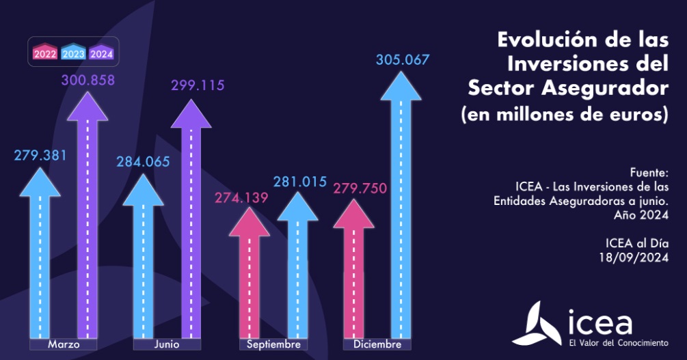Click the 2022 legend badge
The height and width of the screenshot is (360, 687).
click(x=45, y=53)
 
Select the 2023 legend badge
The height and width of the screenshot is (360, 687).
click(x=73, y=53)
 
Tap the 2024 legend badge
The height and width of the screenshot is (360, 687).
click(x=101, y=53)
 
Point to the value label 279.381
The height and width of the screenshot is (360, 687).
click(x=40, y=155)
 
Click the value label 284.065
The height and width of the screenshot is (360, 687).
click(x=143, y=162)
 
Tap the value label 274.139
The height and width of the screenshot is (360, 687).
click(x=242, y=198)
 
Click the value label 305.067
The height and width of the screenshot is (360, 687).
click(x=403, y=59)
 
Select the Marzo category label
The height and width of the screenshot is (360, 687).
click(x=64, y=344)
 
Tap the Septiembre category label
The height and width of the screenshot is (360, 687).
click(x=273, y=344)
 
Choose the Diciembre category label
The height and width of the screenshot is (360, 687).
click(x=377, y=344)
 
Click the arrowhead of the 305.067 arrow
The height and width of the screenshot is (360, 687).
click(x=401, y=85)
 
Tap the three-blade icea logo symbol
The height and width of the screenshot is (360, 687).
click(x=537, y=324)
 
